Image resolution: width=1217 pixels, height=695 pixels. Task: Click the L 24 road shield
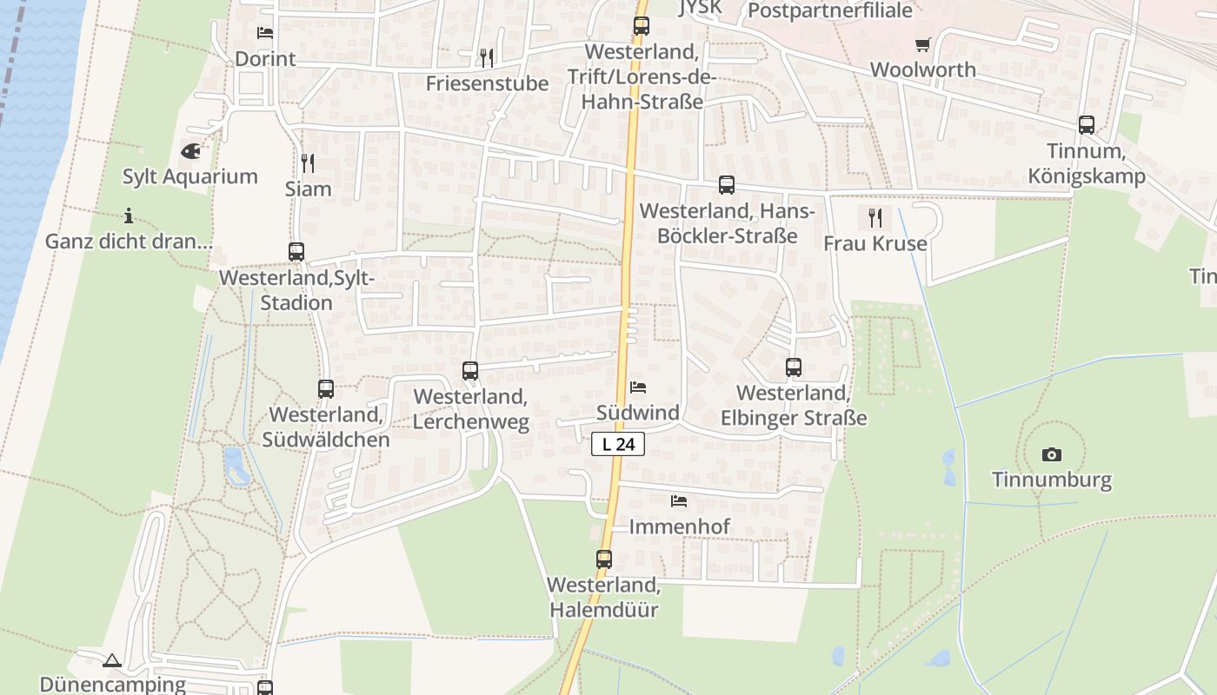pos(618,444)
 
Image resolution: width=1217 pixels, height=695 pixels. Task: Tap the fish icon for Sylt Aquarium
pos(190,151)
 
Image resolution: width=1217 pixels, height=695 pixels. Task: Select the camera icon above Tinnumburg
pos(1052,454)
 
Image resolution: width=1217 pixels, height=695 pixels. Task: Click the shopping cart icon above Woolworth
pos(922,44)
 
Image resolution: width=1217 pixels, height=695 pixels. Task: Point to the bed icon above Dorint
pos(265,33)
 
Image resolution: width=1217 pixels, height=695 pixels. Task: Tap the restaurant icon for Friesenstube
pos(487,58)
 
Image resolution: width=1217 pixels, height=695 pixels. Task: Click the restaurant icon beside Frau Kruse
pos(875,218)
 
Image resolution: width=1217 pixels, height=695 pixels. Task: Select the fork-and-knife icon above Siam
pos(307,162)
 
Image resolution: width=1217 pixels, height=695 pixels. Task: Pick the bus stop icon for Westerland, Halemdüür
pos(604,559)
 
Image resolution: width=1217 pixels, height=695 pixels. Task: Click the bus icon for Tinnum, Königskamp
pos(1087,125)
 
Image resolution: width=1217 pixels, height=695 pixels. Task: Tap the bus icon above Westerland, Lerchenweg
pos(470,371)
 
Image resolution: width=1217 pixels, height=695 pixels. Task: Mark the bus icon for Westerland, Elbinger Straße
pos(794,367)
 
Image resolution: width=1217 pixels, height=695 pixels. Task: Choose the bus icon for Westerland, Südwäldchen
pos(326,389)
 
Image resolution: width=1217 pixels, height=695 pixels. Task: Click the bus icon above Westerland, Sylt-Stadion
pos(296,252)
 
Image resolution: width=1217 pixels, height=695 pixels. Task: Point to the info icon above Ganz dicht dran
pos(129,215)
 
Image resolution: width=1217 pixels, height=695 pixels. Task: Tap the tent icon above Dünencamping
pos(112,660)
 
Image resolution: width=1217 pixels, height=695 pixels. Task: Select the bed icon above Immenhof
pos(679,501)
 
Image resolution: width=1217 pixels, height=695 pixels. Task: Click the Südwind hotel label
pos(638,413)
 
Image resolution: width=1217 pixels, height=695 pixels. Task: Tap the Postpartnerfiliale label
pos(830,10)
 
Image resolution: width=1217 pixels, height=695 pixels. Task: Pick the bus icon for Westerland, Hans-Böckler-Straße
pos(727,185)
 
